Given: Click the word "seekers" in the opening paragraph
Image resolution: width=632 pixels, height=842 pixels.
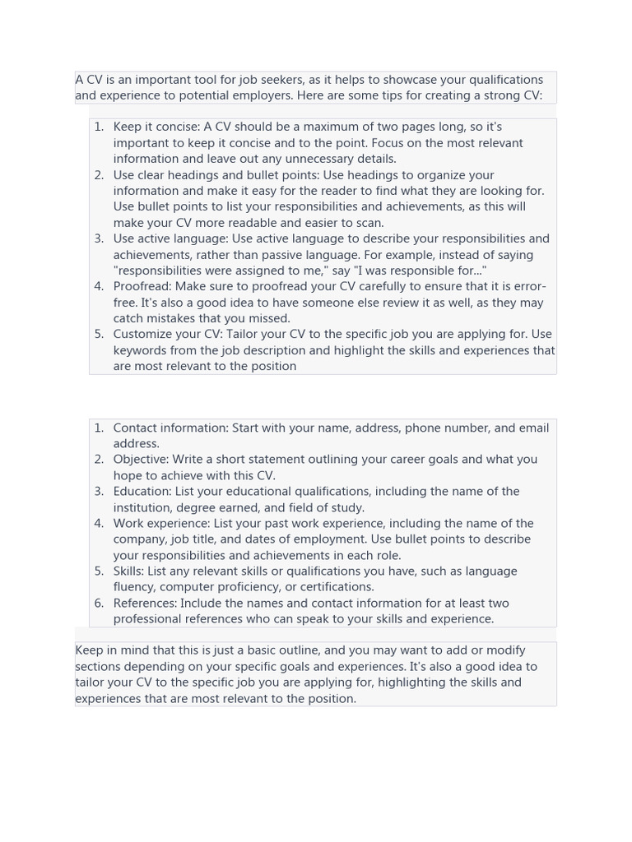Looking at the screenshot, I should click(x=282, y=80).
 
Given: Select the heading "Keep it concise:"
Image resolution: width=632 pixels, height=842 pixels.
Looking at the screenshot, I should click(x=156, y=127).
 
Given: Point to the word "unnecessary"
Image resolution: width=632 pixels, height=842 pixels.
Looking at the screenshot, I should click(x=315, y=159).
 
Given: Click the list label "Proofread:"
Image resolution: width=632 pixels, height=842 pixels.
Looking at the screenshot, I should click(x=142, y=286).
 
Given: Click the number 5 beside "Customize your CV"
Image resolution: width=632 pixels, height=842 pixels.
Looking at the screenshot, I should click(x=99, y=334).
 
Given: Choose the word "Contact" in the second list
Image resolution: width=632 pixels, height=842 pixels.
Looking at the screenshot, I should click(x=136, y=428).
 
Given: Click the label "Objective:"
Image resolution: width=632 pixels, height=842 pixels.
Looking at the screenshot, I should click(x=141, y=460).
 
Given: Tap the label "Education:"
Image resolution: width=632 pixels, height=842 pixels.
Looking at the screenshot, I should click(x=142, y=491).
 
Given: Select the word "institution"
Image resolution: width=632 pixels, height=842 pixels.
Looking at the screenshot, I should click(x=145, y=507).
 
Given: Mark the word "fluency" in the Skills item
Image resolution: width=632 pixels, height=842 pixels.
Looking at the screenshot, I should click(x=133, y=587).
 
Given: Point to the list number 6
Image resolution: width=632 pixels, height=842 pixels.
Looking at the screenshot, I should click(x=99, y=603).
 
